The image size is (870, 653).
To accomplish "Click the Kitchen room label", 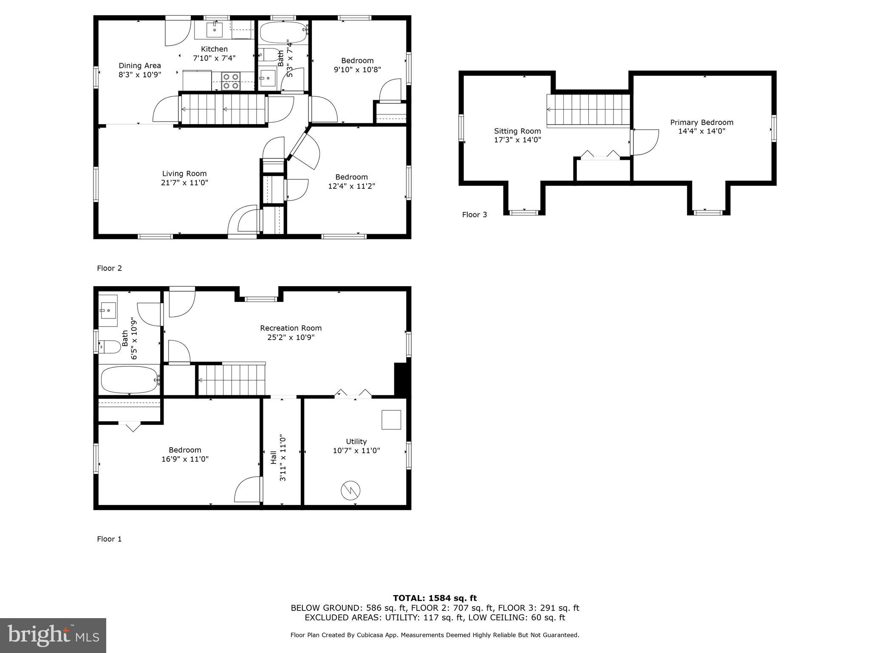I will pos(214,49).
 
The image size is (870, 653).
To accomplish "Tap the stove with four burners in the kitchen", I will pos(231,81).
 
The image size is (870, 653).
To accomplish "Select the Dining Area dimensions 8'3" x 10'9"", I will pos(140,74).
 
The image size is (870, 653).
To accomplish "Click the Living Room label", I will pos(184,173).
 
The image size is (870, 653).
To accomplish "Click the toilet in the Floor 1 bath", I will pos(110,347).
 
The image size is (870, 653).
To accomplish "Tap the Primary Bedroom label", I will pos(702,122).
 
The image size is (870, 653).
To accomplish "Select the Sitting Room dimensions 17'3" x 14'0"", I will pos(517,140).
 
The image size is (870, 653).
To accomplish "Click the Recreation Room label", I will pos(291,328).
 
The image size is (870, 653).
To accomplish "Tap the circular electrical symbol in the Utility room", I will pos(351,491).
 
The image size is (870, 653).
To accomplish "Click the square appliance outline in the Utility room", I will pos(391,420).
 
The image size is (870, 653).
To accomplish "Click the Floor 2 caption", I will pos(110,268).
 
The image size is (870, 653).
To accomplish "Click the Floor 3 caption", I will pos(475,215).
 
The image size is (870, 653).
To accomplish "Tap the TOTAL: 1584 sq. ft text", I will pos(435,599).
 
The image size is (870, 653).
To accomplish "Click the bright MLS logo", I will pos(53,635).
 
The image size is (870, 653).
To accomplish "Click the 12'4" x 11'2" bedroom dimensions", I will pos(351,186).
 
